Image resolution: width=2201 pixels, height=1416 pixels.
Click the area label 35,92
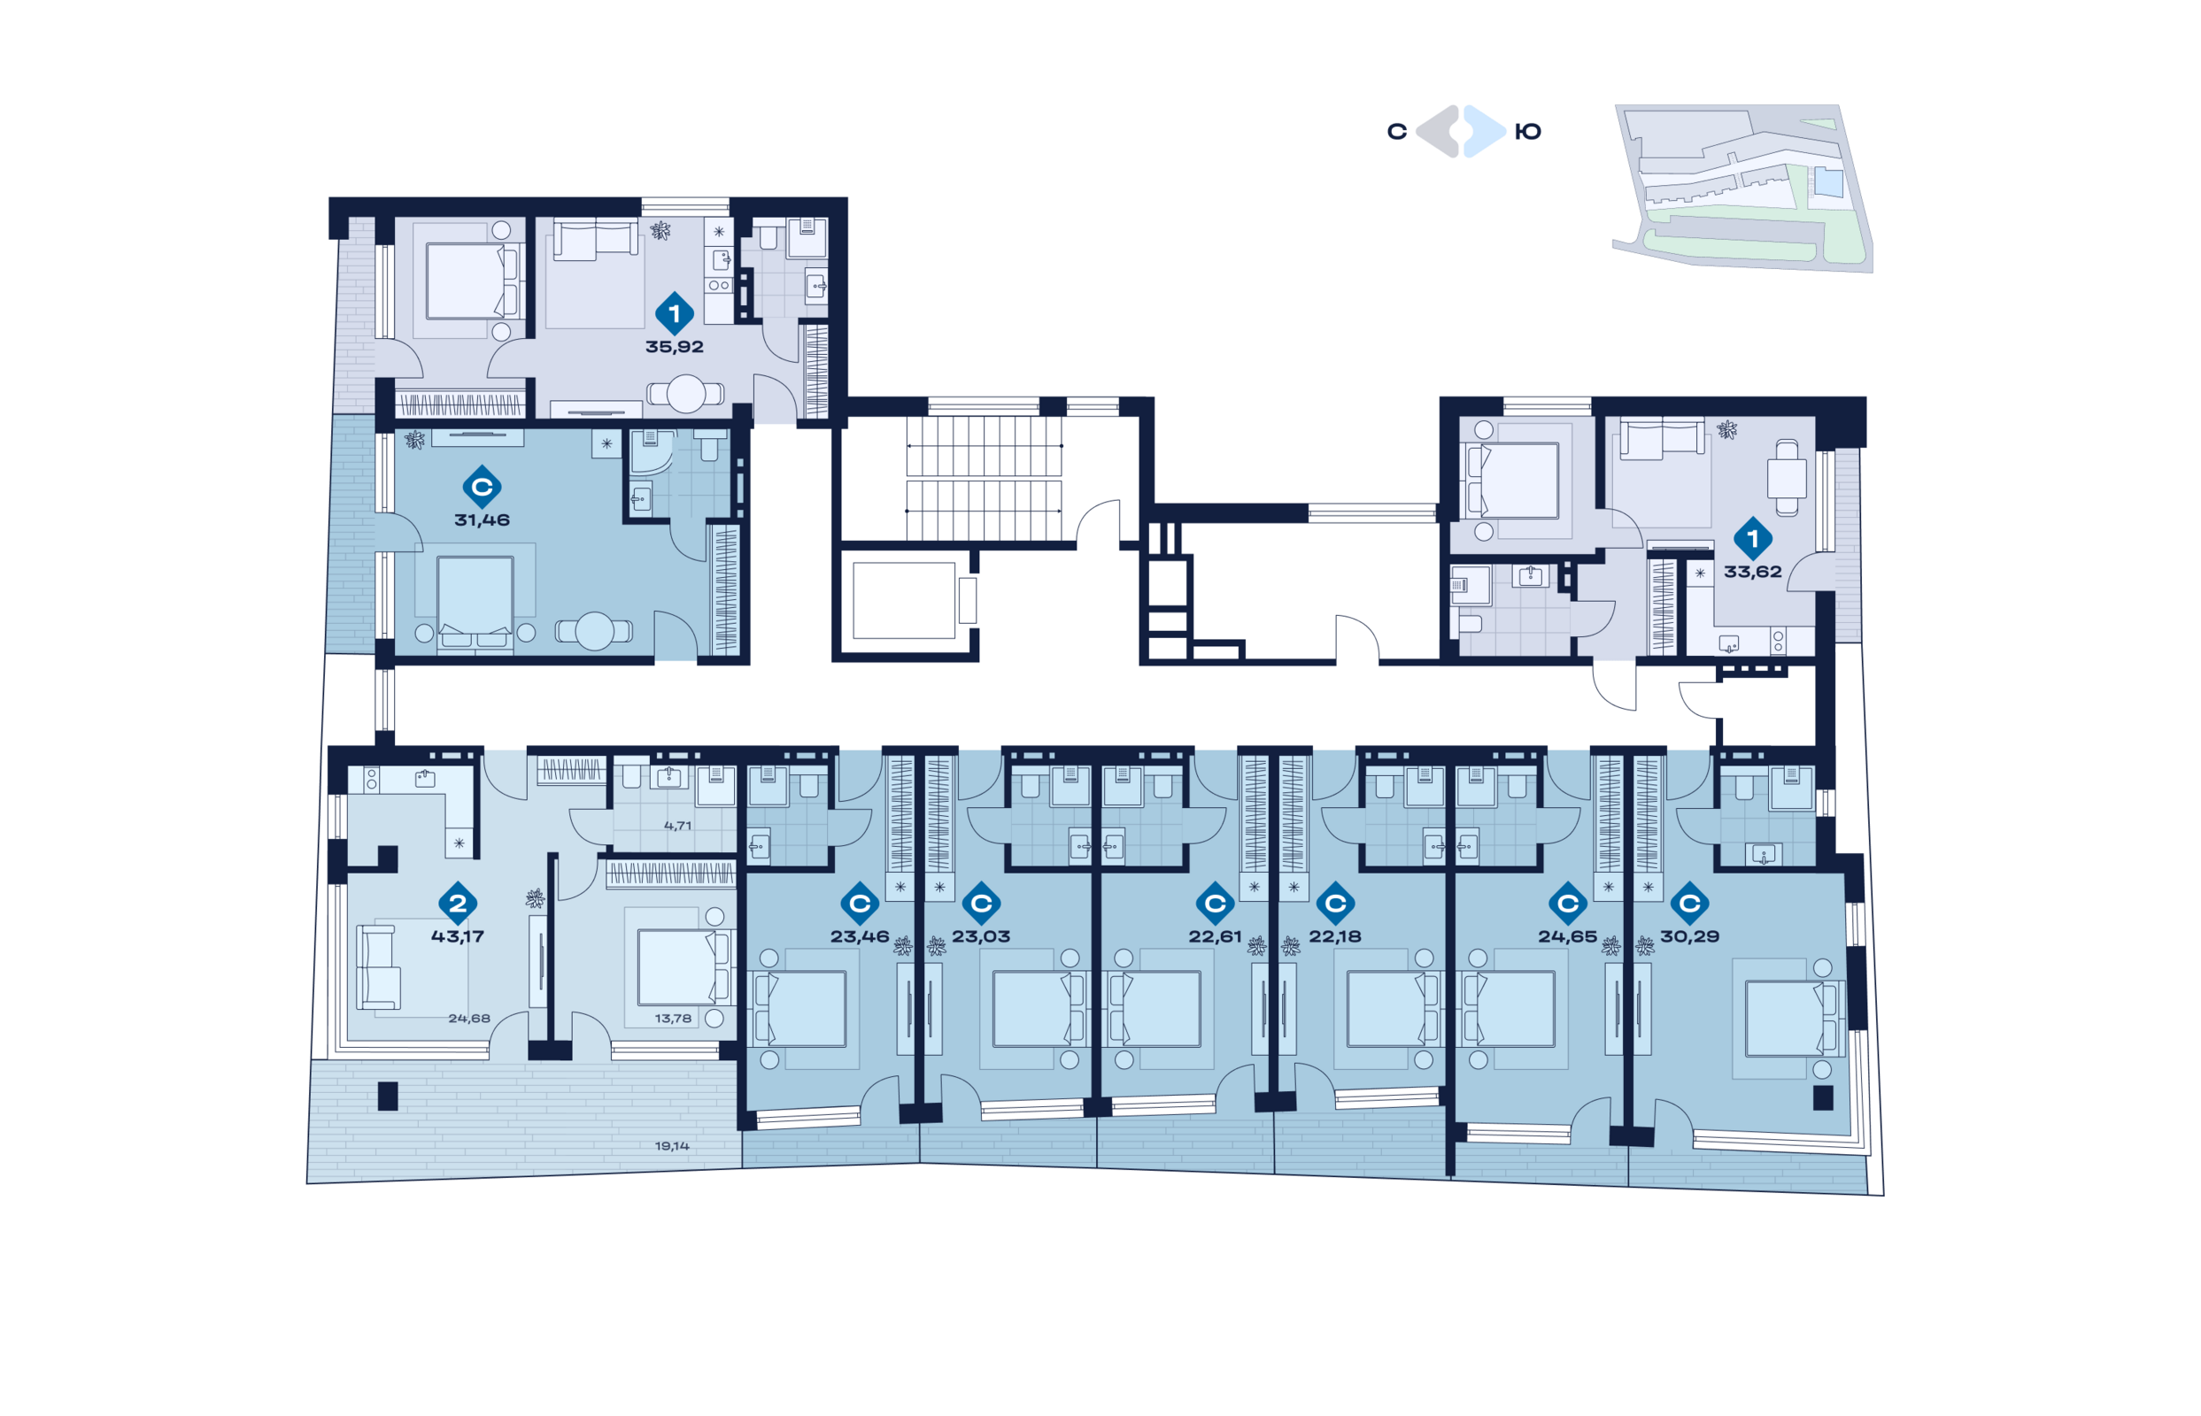(x=674, y=347)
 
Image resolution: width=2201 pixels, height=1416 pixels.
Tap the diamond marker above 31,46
(x=482, y=487)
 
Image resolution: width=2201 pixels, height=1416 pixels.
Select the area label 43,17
(x=457, y=936)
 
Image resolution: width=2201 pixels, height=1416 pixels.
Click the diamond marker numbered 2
(x=457, y=903)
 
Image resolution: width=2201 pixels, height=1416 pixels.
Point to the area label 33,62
(x=1752, y=571)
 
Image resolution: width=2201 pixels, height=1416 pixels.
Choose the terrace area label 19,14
(x=671, y=1146)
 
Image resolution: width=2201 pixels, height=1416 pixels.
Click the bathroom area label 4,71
(x=678, y=826)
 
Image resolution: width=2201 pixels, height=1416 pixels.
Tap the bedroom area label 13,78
(x=672, y=1018)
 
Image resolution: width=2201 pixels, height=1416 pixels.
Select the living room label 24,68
(x=469, y=1018)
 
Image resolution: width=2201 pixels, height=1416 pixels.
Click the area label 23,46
(x=859, y=936)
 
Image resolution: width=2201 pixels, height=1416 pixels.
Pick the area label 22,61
(x=1214, y=936)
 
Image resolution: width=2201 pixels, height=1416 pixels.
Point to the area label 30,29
(x=1688, y=936)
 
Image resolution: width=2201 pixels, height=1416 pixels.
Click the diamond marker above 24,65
(x=1568, y=903)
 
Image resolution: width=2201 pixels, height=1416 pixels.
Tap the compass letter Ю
(x=1527, y=132)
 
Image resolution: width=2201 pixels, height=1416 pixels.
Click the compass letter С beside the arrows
(x=1396, y=132)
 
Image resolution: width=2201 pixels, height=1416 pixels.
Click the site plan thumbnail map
(x=1743, y=188)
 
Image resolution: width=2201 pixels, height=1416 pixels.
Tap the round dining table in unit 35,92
(x=686, y=394)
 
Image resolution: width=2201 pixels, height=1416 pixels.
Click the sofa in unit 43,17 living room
(x=378, y=966)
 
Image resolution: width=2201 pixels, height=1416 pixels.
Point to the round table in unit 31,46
(x=594, y=631)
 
